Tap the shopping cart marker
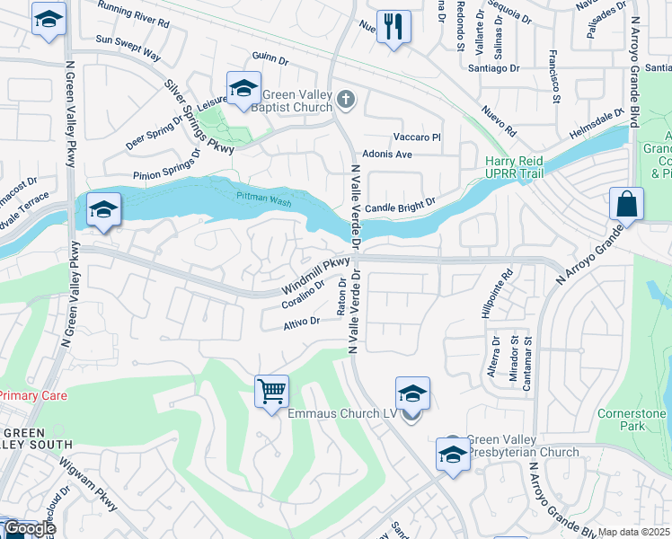coord(271,391)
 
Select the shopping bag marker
coord(626,204)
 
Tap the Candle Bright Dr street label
coord(400,205)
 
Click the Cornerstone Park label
coord(632,420)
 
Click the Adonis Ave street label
coord(386,155)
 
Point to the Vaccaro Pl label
coord(418,137)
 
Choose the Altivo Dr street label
coord(302,322)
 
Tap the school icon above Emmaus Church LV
coord(412,393)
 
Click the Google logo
coord(29,528)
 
